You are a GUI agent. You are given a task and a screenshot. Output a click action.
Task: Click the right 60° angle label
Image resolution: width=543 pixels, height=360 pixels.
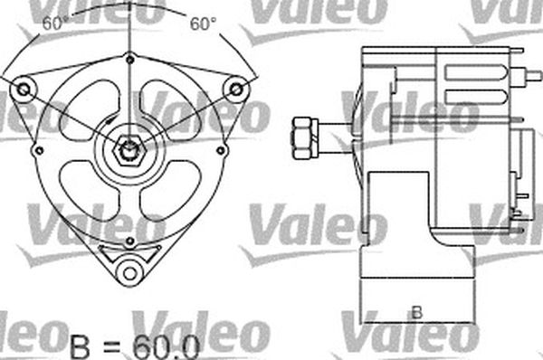pos(203,24)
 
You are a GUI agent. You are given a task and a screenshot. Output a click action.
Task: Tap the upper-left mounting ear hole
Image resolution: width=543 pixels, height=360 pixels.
pos(24,90)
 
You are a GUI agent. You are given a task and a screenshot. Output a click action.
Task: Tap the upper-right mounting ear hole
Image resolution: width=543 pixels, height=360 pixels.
pos(236,89)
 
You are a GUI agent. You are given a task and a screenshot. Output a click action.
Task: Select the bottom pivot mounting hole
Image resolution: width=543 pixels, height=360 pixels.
pos(129,273)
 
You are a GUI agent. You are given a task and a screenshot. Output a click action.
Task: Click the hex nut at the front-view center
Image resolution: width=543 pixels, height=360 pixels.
pos(129,150)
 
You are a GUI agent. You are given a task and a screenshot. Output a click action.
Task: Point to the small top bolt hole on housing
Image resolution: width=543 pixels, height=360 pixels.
pos(130,60)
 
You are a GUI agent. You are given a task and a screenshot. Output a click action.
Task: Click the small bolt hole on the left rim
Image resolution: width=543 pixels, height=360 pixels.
pos(39,150)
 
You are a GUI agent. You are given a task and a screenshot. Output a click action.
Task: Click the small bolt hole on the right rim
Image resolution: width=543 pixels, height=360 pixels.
pos(220,150)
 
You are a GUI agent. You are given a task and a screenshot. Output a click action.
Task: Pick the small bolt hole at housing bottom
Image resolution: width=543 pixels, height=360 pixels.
pos(129,241)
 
